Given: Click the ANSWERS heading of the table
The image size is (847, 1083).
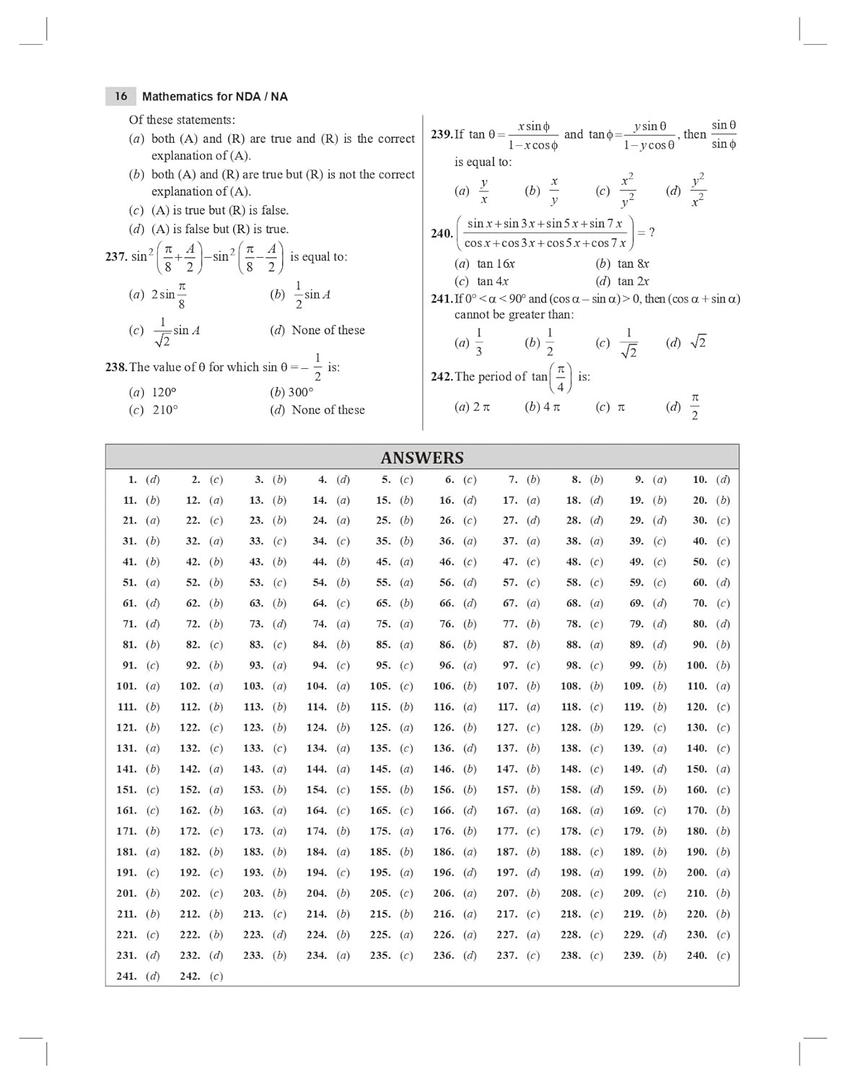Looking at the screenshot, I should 422,458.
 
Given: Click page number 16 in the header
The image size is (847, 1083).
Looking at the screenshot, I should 120,96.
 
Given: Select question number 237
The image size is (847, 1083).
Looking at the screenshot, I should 116,257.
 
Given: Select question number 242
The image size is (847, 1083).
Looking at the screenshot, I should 442,377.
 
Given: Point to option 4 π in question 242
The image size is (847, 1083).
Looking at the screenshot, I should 543,407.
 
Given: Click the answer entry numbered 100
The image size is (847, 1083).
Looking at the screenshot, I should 708,666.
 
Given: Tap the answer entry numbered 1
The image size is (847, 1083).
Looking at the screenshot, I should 144,479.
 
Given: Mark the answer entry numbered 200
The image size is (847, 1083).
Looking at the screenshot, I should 708,873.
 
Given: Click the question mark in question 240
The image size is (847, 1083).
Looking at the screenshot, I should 651,232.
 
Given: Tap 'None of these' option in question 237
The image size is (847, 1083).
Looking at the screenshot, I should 318,330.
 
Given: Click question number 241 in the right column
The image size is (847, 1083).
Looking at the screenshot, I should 442,299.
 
